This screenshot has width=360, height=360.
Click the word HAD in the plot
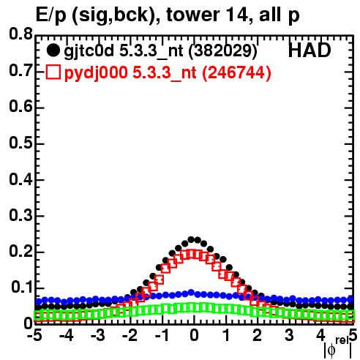coord(310,50)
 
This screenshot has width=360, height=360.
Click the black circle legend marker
coord(53,50)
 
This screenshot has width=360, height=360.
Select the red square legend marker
coord(53,72)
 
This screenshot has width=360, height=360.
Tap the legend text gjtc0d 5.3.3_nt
coord(124,52)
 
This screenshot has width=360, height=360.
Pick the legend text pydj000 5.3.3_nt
coord(130,73)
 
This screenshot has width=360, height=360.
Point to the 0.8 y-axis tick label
coord(20,34)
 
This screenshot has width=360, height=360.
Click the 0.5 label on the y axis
coord(20,143)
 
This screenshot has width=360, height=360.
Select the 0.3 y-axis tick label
coord(20,215)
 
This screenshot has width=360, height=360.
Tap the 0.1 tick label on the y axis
coord(22,288)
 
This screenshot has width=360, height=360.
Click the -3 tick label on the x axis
coord(98,335)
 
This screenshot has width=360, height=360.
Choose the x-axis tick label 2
coord(257,335)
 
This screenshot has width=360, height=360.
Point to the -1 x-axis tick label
coord(162,335)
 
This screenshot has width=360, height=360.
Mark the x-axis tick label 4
coord(320,335)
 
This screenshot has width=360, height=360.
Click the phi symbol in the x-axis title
coord(331,350)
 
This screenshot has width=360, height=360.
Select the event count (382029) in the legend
coord(223,51)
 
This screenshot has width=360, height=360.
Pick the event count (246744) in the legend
coord(236,73)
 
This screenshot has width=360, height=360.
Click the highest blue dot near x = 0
coord(191,292)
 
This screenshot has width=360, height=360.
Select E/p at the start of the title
coord(50,15)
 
